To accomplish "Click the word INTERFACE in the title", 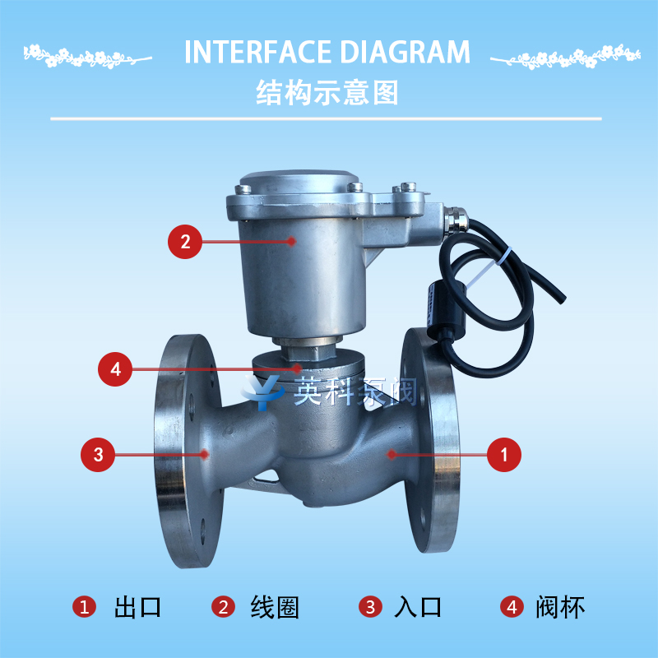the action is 257,52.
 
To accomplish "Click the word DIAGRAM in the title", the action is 405,52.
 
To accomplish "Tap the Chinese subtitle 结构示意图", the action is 327,93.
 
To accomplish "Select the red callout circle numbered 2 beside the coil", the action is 185,241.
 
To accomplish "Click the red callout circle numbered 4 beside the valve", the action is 115,368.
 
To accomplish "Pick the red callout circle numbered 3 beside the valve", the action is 98,455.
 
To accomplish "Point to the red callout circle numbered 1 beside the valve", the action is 504,455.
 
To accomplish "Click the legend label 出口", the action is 137,607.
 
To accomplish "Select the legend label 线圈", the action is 275,607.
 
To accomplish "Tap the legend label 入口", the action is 418,607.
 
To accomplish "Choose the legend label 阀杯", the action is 560,607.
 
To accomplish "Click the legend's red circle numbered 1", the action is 85,607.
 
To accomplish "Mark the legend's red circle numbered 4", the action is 512,607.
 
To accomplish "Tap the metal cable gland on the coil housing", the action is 454,219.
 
